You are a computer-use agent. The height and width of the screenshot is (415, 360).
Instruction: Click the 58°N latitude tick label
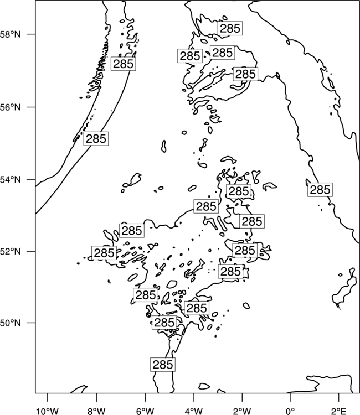11,34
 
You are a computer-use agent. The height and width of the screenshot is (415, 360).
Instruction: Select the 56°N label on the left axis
11,107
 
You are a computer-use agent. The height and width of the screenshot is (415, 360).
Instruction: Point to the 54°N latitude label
11,180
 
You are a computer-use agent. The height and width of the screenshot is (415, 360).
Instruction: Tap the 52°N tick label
11,251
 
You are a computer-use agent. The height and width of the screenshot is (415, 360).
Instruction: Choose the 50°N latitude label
11,323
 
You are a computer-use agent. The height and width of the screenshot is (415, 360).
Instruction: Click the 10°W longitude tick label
48,411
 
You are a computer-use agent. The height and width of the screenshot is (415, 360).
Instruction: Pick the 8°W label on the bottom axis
96,411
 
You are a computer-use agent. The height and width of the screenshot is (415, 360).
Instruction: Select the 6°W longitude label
145,411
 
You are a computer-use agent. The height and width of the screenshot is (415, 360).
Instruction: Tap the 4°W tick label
194,411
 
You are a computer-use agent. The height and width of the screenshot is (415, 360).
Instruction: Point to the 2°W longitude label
242,411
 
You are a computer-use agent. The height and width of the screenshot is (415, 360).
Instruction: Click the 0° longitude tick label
290,411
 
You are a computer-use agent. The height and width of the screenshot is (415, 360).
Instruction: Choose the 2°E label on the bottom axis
339,411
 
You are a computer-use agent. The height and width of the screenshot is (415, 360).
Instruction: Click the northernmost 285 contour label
230,28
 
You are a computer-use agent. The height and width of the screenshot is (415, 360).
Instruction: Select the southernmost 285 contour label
163,365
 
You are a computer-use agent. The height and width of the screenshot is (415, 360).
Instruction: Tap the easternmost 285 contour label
320,190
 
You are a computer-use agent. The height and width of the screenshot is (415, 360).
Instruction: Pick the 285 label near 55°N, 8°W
96,138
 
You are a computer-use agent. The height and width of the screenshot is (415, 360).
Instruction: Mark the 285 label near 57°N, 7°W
123,64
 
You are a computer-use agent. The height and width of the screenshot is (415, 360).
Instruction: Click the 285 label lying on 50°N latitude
164,323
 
